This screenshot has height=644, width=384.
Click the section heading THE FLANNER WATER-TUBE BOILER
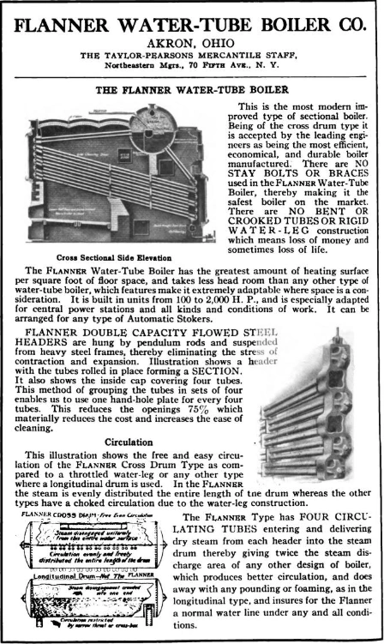192,88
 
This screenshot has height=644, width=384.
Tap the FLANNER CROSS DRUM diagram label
42,515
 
